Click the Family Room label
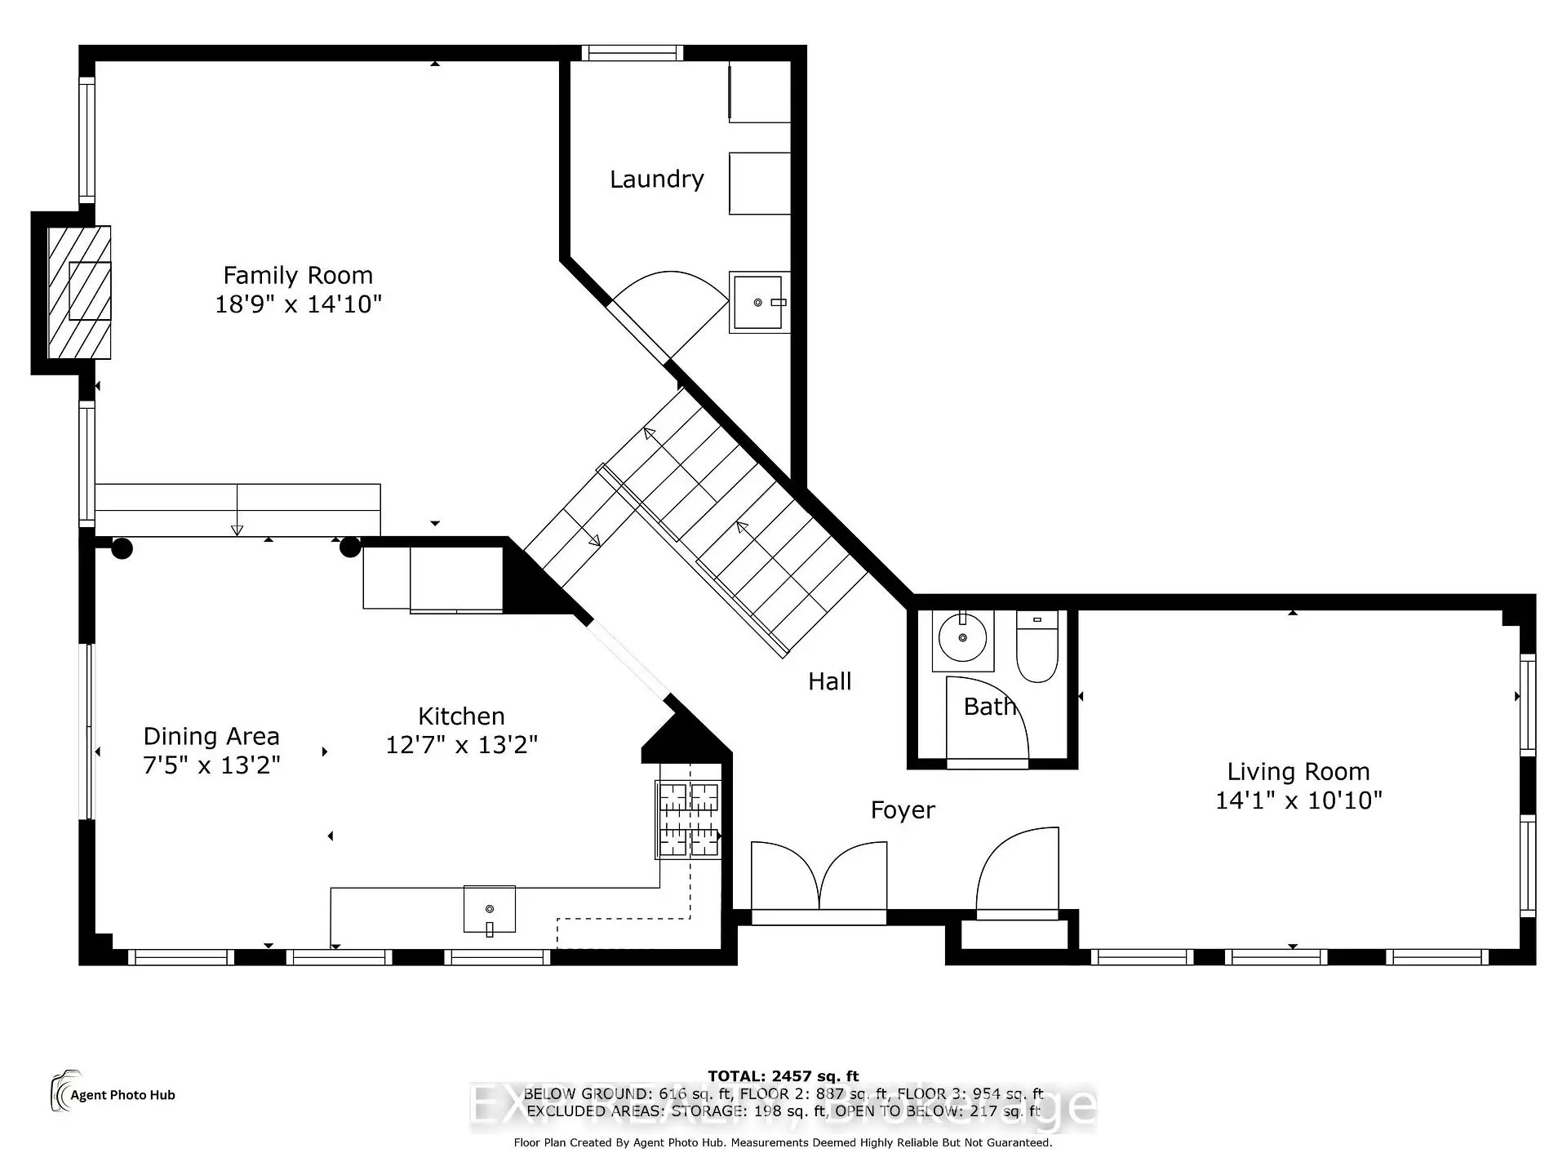click(298, 276)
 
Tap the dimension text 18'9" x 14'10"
click(298, 304)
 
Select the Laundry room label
click(656, 180)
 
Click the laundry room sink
click(759, 303)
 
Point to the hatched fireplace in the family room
click(79, 292)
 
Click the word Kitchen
click(461, 716)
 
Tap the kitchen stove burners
click(689, 819)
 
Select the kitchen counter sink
click(490, 909)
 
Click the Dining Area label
click(211, 737)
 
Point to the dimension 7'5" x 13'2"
click(211, 765)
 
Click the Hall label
click(829, 681)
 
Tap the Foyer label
click(903, 810)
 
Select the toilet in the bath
click(1037, 649)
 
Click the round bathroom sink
click(962, 637)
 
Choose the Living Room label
click(1298, 772)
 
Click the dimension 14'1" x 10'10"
click(1298, 800)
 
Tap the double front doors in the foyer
click(819, 878)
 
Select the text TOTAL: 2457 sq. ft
click(783, 1076)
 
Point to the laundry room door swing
click(669, 314)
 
